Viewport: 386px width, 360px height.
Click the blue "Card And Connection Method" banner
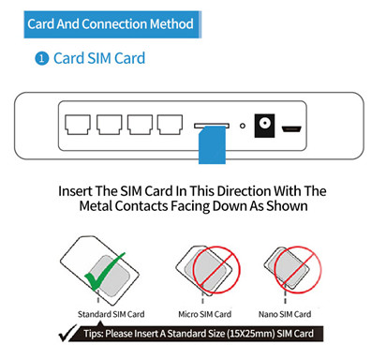pos(111,23)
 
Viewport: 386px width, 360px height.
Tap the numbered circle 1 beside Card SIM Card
pos(41,59)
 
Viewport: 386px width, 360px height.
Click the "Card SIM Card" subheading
pos(99,59)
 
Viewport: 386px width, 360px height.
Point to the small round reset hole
pos(242,125)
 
